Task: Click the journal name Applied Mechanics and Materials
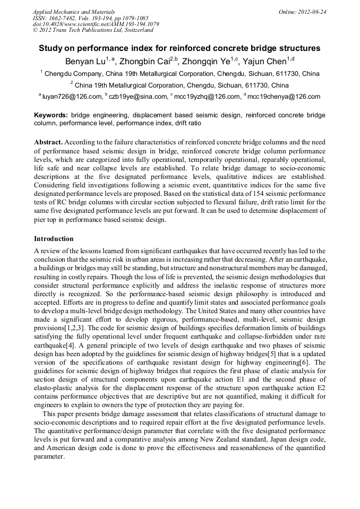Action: [x=74, y=11]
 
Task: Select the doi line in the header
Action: [x=96, y=24]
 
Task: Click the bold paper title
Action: [x=179, y=48]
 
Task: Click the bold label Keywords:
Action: [x=51, y=115]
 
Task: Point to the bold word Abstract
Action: [x=48, y=143]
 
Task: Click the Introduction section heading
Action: [x=54, y=239]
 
